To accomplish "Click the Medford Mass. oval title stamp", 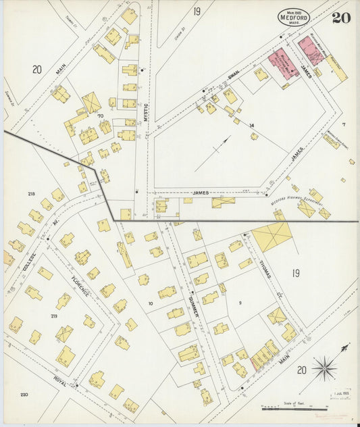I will (294, 18).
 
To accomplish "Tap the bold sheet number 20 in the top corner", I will (340, 18).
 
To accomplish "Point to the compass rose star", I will (326, 368).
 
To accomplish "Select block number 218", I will (31, 194).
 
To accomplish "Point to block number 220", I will (24, 395).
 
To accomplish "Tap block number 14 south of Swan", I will (251, 126).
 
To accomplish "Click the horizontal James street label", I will (200, 193).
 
